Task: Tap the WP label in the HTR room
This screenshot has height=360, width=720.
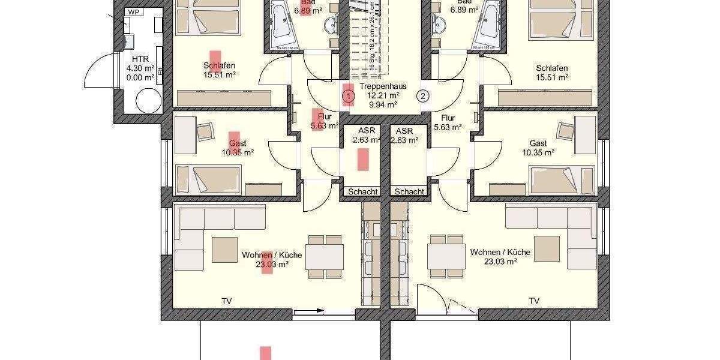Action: coord(133,11)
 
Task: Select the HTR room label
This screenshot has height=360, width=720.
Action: coord(140,59)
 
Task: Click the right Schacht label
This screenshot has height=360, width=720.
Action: coord(409,191)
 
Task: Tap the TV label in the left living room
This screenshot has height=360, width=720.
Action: coord(227,301)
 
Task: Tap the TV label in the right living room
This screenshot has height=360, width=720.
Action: coord(534,301)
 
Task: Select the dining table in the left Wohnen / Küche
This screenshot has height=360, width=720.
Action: coord(325,256)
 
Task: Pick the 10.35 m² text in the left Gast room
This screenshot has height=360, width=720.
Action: coord(238,153)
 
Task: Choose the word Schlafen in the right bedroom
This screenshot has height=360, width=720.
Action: coord(552,68)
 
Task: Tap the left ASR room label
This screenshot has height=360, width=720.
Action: coord(367,131)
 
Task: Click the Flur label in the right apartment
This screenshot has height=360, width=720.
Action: coord(448,118)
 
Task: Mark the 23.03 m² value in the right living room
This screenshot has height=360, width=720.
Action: coord(501,262)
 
